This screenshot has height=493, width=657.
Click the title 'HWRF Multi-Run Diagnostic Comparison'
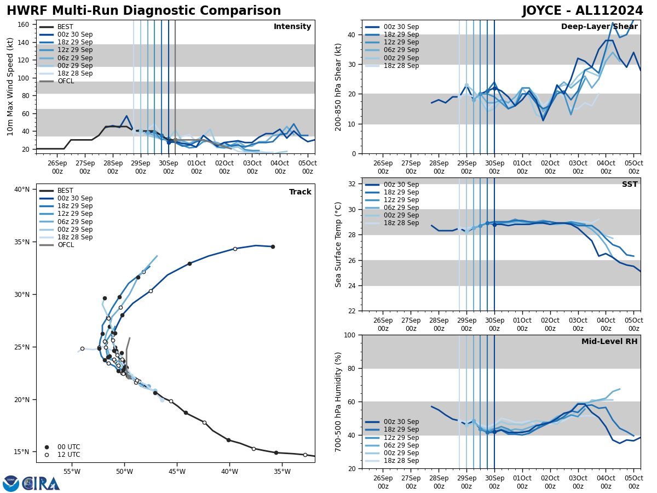(143, 11)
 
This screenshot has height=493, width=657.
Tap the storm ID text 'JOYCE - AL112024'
(583, 11)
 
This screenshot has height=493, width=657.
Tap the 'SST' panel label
(630, 185)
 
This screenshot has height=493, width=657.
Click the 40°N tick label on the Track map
(22, 190)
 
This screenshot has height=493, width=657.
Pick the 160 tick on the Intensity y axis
(25, 24)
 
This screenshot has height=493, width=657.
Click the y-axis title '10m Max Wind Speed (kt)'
(10, 87)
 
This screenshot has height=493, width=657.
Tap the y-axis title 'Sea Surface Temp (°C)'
(338, 244)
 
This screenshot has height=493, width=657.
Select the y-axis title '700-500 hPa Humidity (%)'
(338, 402)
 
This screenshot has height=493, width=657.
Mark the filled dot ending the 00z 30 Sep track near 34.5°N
(273, 246)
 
